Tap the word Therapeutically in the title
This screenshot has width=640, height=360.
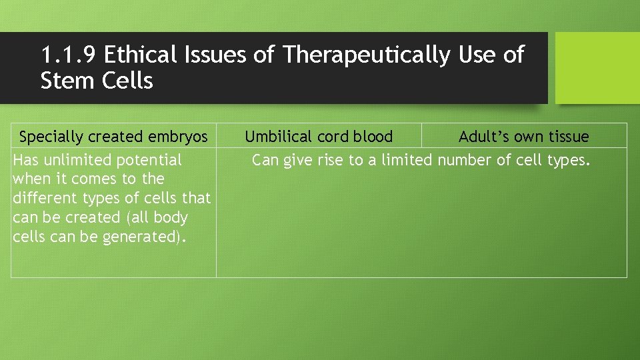pyautogui.click(x=366, y=55)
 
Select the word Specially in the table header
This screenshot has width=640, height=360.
pyautogui.click(x=51, y=137)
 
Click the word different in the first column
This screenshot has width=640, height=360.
pyautogui.click(x=39, y=198)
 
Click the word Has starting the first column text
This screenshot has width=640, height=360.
pyautogui.click(x=25, y=160)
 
